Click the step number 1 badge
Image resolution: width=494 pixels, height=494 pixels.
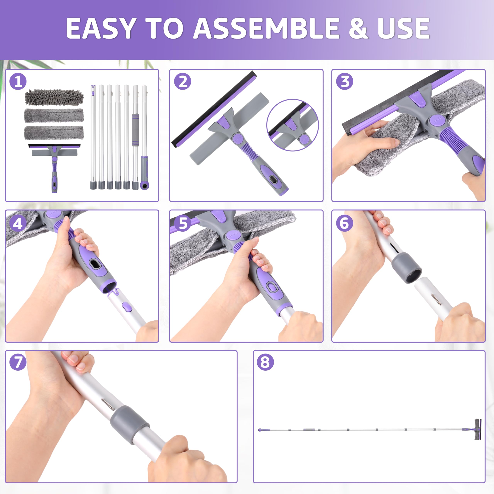[x=18, y=82]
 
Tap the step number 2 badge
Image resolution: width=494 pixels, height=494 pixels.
[x=183, y=82]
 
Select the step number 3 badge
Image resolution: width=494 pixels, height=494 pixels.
[x=345, y=82]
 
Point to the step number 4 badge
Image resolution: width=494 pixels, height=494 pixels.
[x=18, y=223]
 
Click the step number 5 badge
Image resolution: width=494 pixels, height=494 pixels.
[x=183, y=223]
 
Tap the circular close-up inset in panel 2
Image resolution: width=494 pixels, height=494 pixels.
[x=293, y=125]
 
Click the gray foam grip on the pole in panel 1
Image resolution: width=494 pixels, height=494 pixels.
[x=135, y=130]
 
